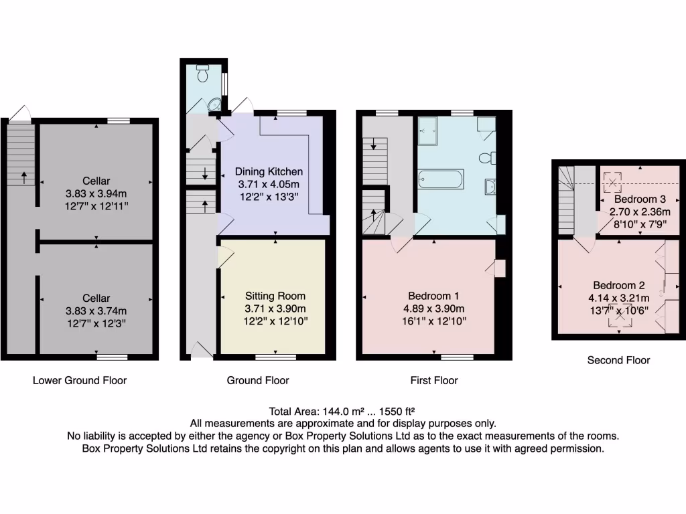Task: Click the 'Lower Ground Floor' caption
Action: [x=80, y=380]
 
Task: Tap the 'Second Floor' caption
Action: [x=618, y=360]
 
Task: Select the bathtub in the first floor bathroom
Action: [x=439, y=179]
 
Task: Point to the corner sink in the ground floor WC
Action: [x=214, y=104]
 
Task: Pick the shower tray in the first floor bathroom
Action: [x=427, y=130]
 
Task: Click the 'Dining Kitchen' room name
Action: [x=269, y=172]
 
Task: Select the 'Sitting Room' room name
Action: [x=275, y=296]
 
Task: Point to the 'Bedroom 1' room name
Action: [x=433, y=296]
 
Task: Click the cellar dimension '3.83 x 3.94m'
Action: [x=96, y=193]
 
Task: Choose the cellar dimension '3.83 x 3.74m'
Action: [x=96, y=311]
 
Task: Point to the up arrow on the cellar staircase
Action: [x=24, y=177]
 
